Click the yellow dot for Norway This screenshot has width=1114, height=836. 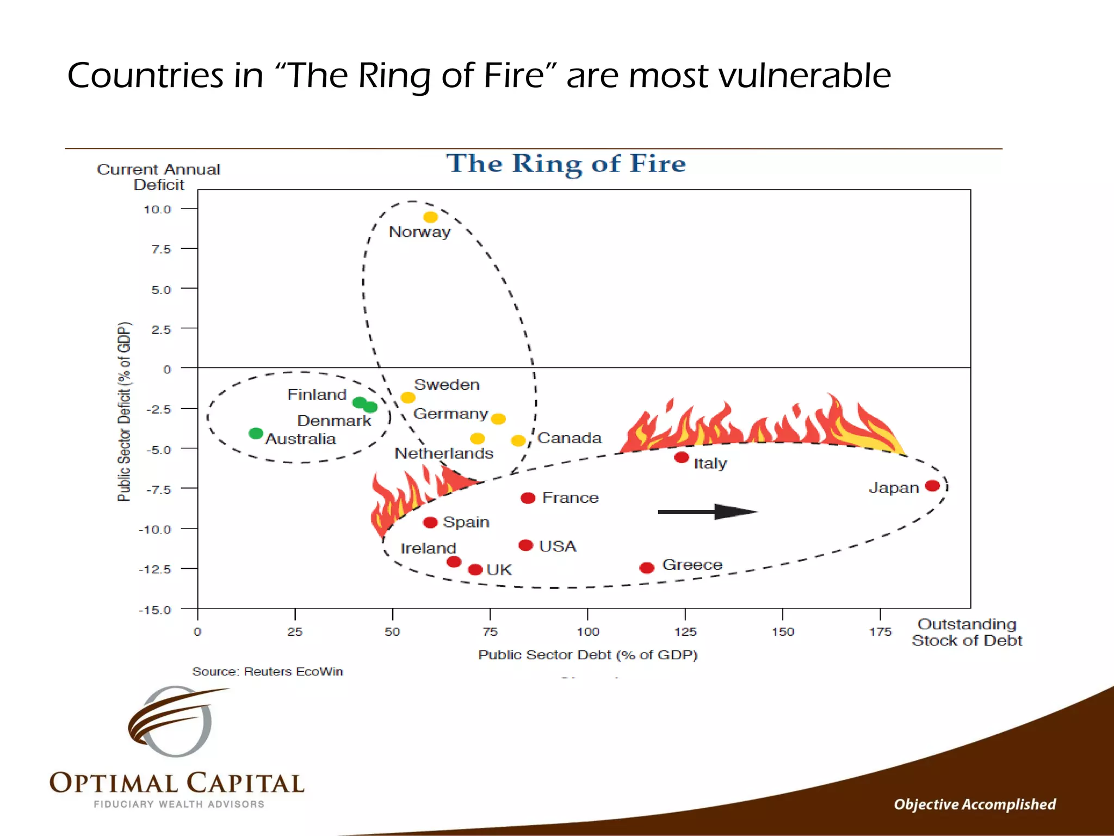(430, 217)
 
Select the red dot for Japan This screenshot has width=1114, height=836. (932, 485)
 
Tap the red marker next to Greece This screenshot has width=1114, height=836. (647, 568)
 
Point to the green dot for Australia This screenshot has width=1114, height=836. (256, 433)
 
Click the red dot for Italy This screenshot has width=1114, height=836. (681, 457)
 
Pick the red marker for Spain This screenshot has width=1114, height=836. (430, 522)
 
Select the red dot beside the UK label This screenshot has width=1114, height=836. (475, 569)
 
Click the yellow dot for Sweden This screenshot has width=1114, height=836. (408, 397)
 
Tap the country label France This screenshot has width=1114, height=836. (570, 497)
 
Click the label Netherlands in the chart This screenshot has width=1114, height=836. (444, 453)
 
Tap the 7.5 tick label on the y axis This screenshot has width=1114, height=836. (161, 249)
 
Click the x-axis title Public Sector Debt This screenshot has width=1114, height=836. (587, 655)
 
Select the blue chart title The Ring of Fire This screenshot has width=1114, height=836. (566, 163)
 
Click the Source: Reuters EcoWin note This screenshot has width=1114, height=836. (267, 671)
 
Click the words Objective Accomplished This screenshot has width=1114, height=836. (974, 804)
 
